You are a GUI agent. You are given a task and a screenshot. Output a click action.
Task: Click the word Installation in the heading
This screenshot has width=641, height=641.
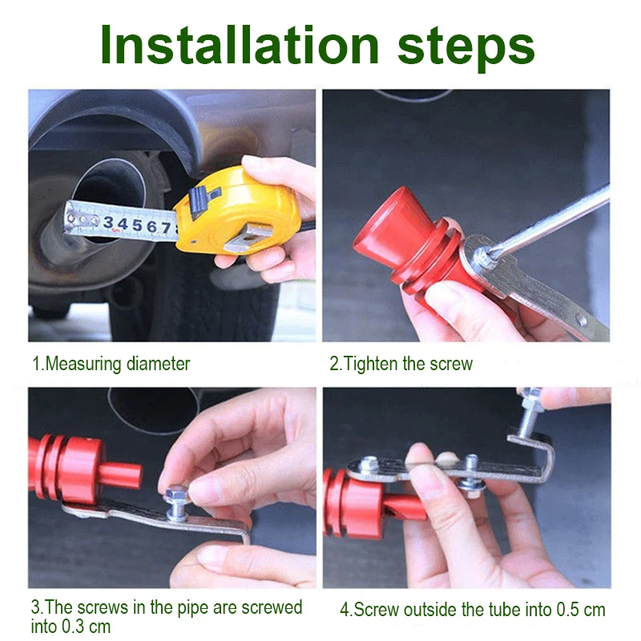pos(240,46)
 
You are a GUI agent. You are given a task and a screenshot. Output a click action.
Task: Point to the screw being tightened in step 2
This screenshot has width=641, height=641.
pos(482,257)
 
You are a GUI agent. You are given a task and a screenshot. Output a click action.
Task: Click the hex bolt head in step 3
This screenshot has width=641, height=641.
pos(175,494)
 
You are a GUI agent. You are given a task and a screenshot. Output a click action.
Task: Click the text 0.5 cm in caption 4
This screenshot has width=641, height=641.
pos(580,609)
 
